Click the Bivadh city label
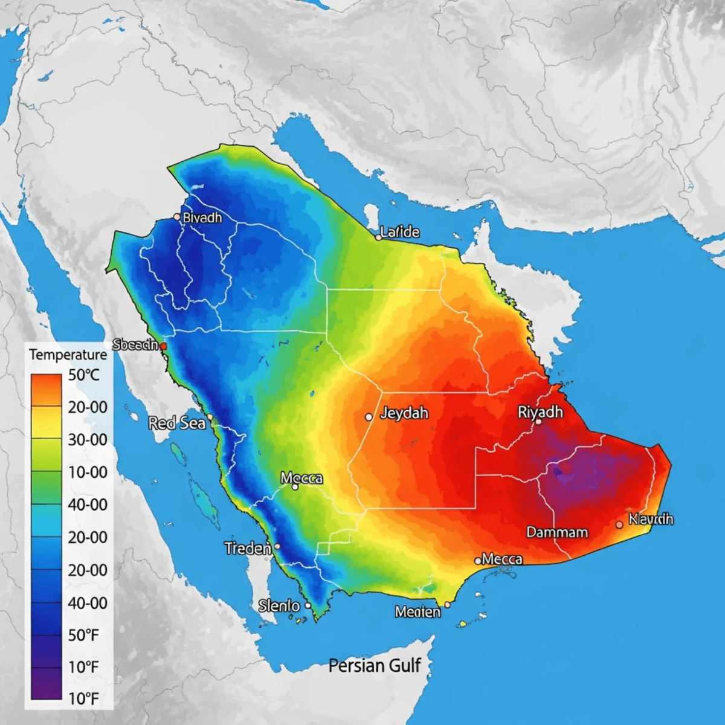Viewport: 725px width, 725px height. pos(202,217)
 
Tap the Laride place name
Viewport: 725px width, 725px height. pos(400,232)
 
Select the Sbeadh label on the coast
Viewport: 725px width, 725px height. pos(135,345)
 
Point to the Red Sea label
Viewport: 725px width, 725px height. pos(177,423)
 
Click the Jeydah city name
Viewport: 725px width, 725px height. pos(404,413)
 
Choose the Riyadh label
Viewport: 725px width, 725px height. pos(540,412)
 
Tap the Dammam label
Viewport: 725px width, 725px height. pos(557,532)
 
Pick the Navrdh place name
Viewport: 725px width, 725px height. pos(651,519)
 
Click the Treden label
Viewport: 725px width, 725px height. pos(248,549)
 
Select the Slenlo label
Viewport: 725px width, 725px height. pos(279,605)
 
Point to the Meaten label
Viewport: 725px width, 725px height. pos(417,612)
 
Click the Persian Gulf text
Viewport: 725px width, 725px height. pos(374,666)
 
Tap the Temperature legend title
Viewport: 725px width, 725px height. pos(68,355)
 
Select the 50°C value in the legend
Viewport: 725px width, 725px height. pos(84,375)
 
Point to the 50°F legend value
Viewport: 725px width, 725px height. pos(83,635)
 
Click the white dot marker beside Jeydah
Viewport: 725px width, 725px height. pos(369,417)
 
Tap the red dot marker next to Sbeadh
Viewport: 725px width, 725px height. pos(163,346)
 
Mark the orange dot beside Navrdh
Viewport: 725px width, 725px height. pos(619,525)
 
